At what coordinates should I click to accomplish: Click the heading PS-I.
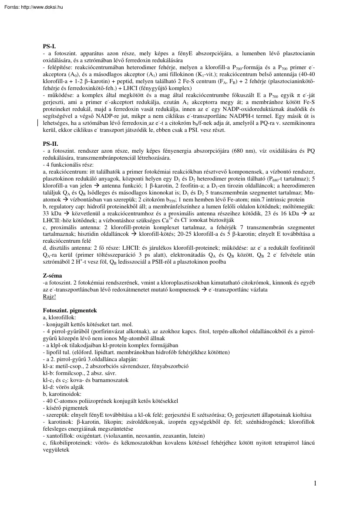pos(49,46)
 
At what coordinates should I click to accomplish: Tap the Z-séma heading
pos(53,276)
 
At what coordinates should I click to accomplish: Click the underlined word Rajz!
pos(50,296)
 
